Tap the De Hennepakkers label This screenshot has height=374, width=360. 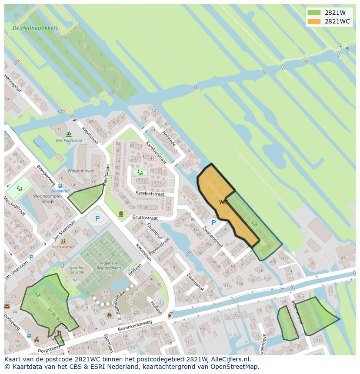pos(35,28)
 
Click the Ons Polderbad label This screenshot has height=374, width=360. pos(69,140)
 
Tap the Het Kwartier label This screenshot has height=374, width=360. pos(63,247)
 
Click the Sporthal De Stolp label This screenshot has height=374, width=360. pos(77,271)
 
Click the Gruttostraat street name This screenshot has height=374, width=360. pos(145,217)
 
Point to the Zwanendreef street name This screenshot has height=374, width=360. pos(212,238)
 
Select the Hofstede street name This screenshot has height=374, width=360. pos(169,138)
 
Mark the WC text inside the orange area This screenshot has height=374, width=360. pos(223,202)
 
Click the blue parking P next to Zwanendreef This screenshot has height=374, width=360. pos(213,222)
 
